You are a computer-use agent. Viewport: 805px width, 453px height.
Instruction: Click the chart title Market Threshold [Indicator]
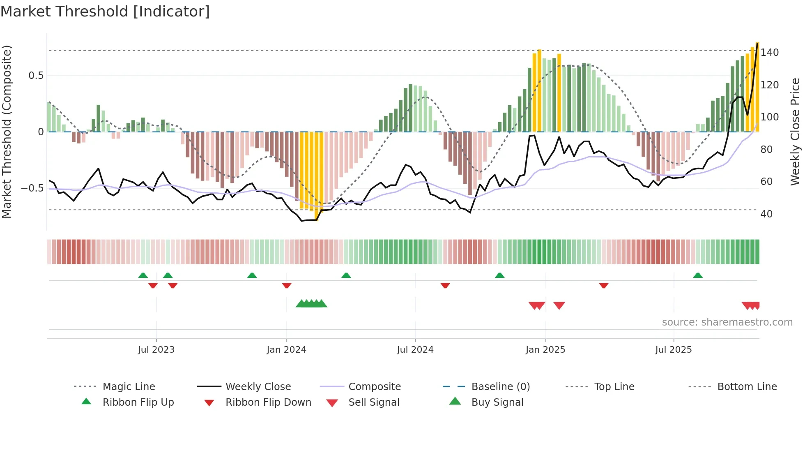pyautogui.click(x=105, y=12)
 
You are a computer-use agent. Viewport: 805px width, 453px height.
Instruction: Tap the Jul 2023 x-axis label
pyautogui.click(x=156, y=350)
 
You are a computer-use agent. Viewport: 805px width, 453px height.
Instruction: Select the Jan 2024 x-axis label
pyautogui.click(x=286, y=350)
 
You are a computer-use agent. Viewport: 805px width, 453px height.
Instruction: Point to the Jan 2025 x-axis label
pyautogui.click(x=545, y=350)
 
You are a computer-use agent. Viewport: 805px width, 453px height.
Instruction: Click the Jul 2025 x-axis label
pyautogui.click(x=674, y=350)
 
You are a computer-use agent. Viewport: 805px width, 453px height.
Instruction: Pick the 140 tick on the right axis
pyautogui.click(x=769, y=53)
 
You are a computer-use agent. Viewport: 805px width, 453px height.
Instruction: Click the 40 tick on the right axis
pyautogui.click(x=766, y=214)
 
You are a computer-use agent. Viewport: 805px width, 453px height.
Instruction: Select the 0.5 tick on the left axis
pyautogui.click(x=36, y=76)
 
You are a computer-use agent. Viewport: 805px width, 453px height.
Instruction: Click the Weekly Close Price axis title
pyautogui.click(x=795, y=132)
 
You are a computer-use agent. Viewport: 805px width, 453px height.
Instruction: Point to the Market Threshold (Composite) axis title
pyautogui.click(x=7, y=132)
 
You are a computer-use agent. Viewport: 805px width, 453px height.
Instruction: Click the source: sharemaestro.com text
pyautogui.click(x=727, y=322)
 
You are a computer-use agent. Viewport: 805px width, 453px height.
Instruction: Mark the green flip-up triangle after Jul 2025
pyautogui.click(x=698, y=275)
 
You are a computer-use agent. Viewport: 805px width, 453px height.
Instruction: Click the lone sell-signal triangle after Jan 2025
pyautogui.click(x=559, y=305)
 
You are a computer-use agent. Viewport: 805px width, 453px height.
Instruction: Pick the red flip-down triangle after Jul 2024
pyautogui.click(x=445, y=285)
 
